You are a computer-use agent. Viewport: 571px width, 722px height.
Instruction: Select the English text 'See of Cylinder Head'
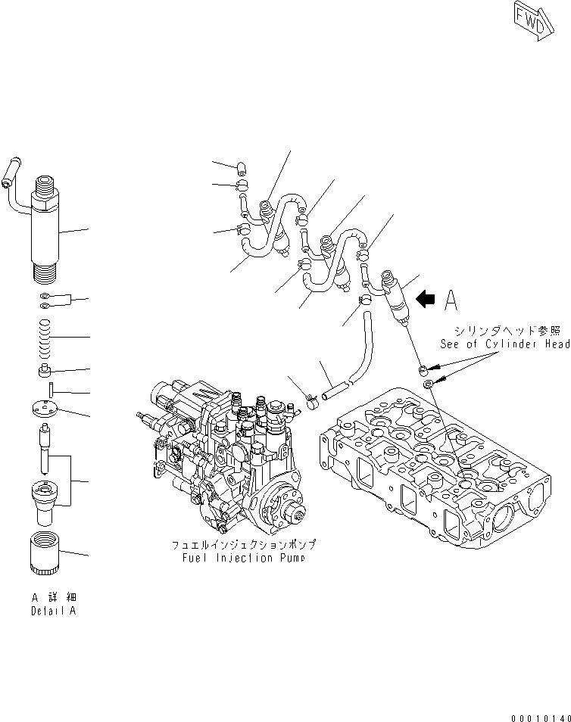505,344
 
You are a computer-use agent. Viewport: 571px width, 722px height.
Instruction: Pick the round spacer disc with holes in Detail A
46,411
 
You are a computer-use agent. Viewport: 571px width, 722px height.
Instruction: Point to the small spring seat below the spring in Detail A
46,371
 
